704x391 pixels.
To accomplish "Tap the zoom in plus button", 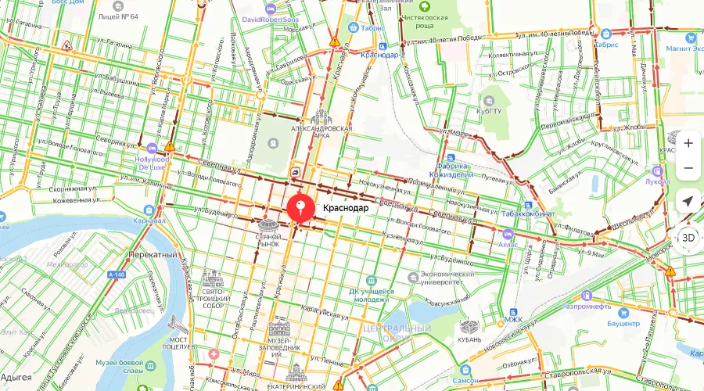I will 688,143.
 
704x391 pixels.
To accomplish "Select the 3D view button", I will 688,237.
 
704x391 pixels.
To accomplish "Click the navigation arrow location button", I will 688,201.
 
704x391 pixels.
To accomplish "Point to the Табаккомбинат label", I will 528,213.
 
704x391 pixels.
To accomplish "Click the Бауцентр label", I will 623,323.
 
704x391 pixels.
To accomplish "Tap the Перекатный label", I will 153,255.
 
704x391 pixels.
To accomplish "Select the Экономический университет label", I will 447,279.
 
